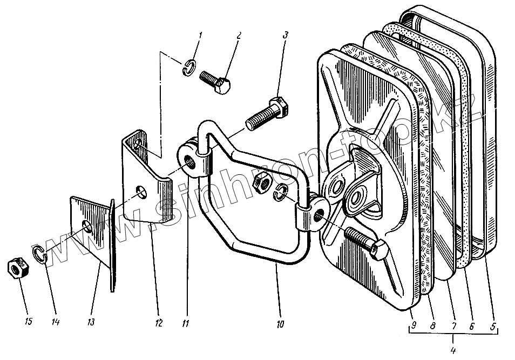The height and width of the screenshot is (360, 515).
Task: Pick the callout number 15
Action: tap(29, 322)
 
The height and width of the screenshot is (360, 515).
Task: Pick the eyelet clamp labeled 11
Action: tap(193, 160)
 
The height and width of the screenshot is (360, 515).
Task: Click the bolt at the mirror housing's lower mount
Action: tap(365, 243)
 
